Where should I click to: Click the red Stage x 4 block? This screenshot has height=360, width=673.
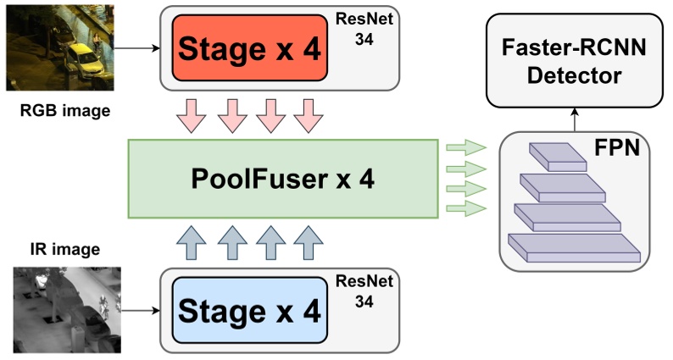pyautogui.click(x=250, y=47)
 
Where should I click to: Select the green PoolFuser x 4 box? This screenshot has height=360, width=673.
pyautogui.click(x=285, y=180)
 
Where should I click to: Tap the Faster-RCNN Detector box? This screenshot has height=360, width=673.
pyautogui.click(x=574, y=63)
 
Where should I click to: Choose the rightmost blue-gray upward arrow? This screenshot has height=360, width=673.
pyautogui.click(x=306, y=243)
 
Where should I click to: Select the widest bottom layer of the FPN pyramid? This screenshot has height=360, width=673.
pyautogui.click(x=573, y=247)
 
